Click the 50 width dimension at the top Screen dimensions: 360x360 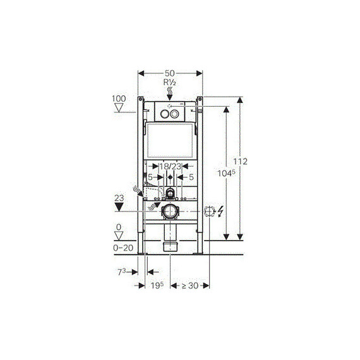170,73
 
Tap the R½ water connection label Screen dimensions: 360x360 170,83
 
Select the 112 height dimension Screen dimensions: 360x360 241,162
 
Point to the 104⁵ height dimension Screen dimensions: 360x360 226,173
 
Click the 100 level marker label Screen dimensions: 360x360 119,99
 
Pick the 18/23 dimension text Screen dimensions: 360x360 171,166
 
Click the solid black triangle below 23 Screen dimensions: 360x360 119,207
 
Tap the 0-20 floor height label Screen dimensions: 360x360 123,248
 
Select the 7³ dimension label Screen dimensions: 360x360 122,272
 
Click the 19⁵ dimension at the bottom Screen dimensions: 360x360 157,285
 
